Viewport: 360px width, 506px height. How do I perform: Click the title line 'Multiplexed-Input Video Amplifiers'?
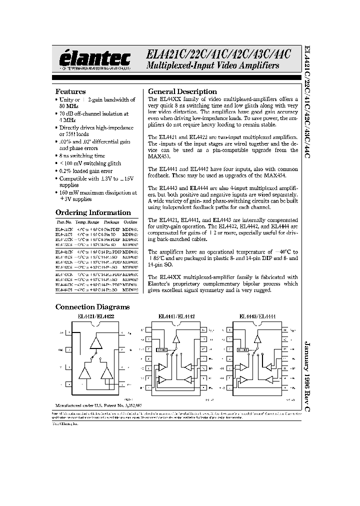point(212,66)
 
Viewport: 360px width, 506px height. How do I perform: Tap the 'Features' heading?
point(70,91)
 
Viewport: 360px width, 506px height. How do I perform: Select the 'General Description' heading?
point(182,91)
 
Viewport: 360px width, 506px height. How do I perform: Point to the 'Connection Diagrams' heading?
point(92,307)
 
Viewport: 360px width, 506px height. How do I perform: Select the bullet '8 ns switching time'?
point(82,156)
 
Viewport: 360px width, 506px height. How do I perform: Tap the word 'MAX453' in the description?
point(159,157)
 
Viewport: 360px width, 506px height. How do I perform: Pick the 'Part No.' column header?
point(64,222)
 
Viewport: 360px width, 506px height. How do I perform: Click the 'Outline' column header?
point(130,222)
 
